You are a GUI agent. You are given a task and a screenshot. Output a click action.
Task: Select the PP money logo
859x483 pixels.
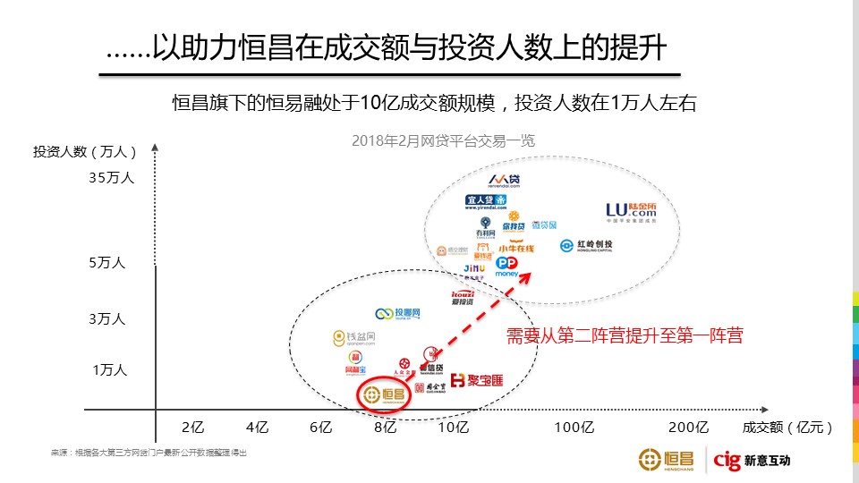pyautogui.click(x=507, y=266)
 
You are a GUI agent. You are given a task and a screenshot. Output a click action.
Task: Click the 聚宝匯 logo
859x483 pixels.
pyautogui.click(x=476, y=381)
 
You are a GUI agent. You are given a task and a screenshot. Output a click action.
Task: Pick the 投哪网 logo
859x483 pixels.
pyautogui.click(x=397, y=313)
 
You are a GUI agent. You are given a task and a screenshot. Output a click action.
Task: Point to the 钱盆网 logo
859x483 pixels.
pyautogui.click(x=353, y=337)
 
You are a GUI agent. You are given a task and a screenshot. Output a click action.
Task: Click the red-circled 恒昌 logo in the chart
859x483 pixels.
pyautogui.click(x=384, y=394)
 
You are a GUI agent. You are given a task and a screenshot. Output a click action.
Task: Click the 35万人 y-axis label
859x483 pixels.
pyautogui.click(x=112, y=177)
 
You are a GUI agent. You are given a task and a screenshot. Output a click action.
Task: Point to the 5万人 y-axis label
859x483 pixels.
pyautogui.click(x=108, y=263)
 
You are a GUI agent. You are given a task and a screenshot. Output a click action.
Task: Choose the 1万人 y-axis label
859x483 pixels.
pyautogui.click(x=109, y=369)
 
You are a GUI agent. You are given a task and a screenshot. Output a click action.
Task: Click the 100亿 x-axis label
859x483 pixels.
pyautogui.click(x=574, y=427)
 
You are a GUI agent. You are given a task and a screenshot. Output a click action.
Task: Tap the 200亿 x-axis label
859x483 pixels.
pyautogui.click(x=689, y=427)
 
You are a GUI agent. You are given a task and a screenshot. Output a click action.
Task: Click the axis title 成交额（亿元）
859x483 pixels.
pyautogui.click(x=787, y=427)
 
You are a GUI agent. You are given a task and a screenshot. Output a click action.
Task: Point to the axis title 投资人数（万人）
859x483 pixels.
pyautogui.click(x=86, y=151)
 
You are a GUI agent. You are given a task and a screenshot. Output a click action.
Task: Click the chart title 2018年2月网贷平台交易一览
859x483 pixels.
pyautogui.click(x=443, y=140)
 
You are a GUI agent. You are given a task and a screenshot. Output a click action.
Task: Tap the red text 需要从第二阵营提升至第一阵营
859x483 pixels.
pyautogui.click(x=625, y=336)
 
